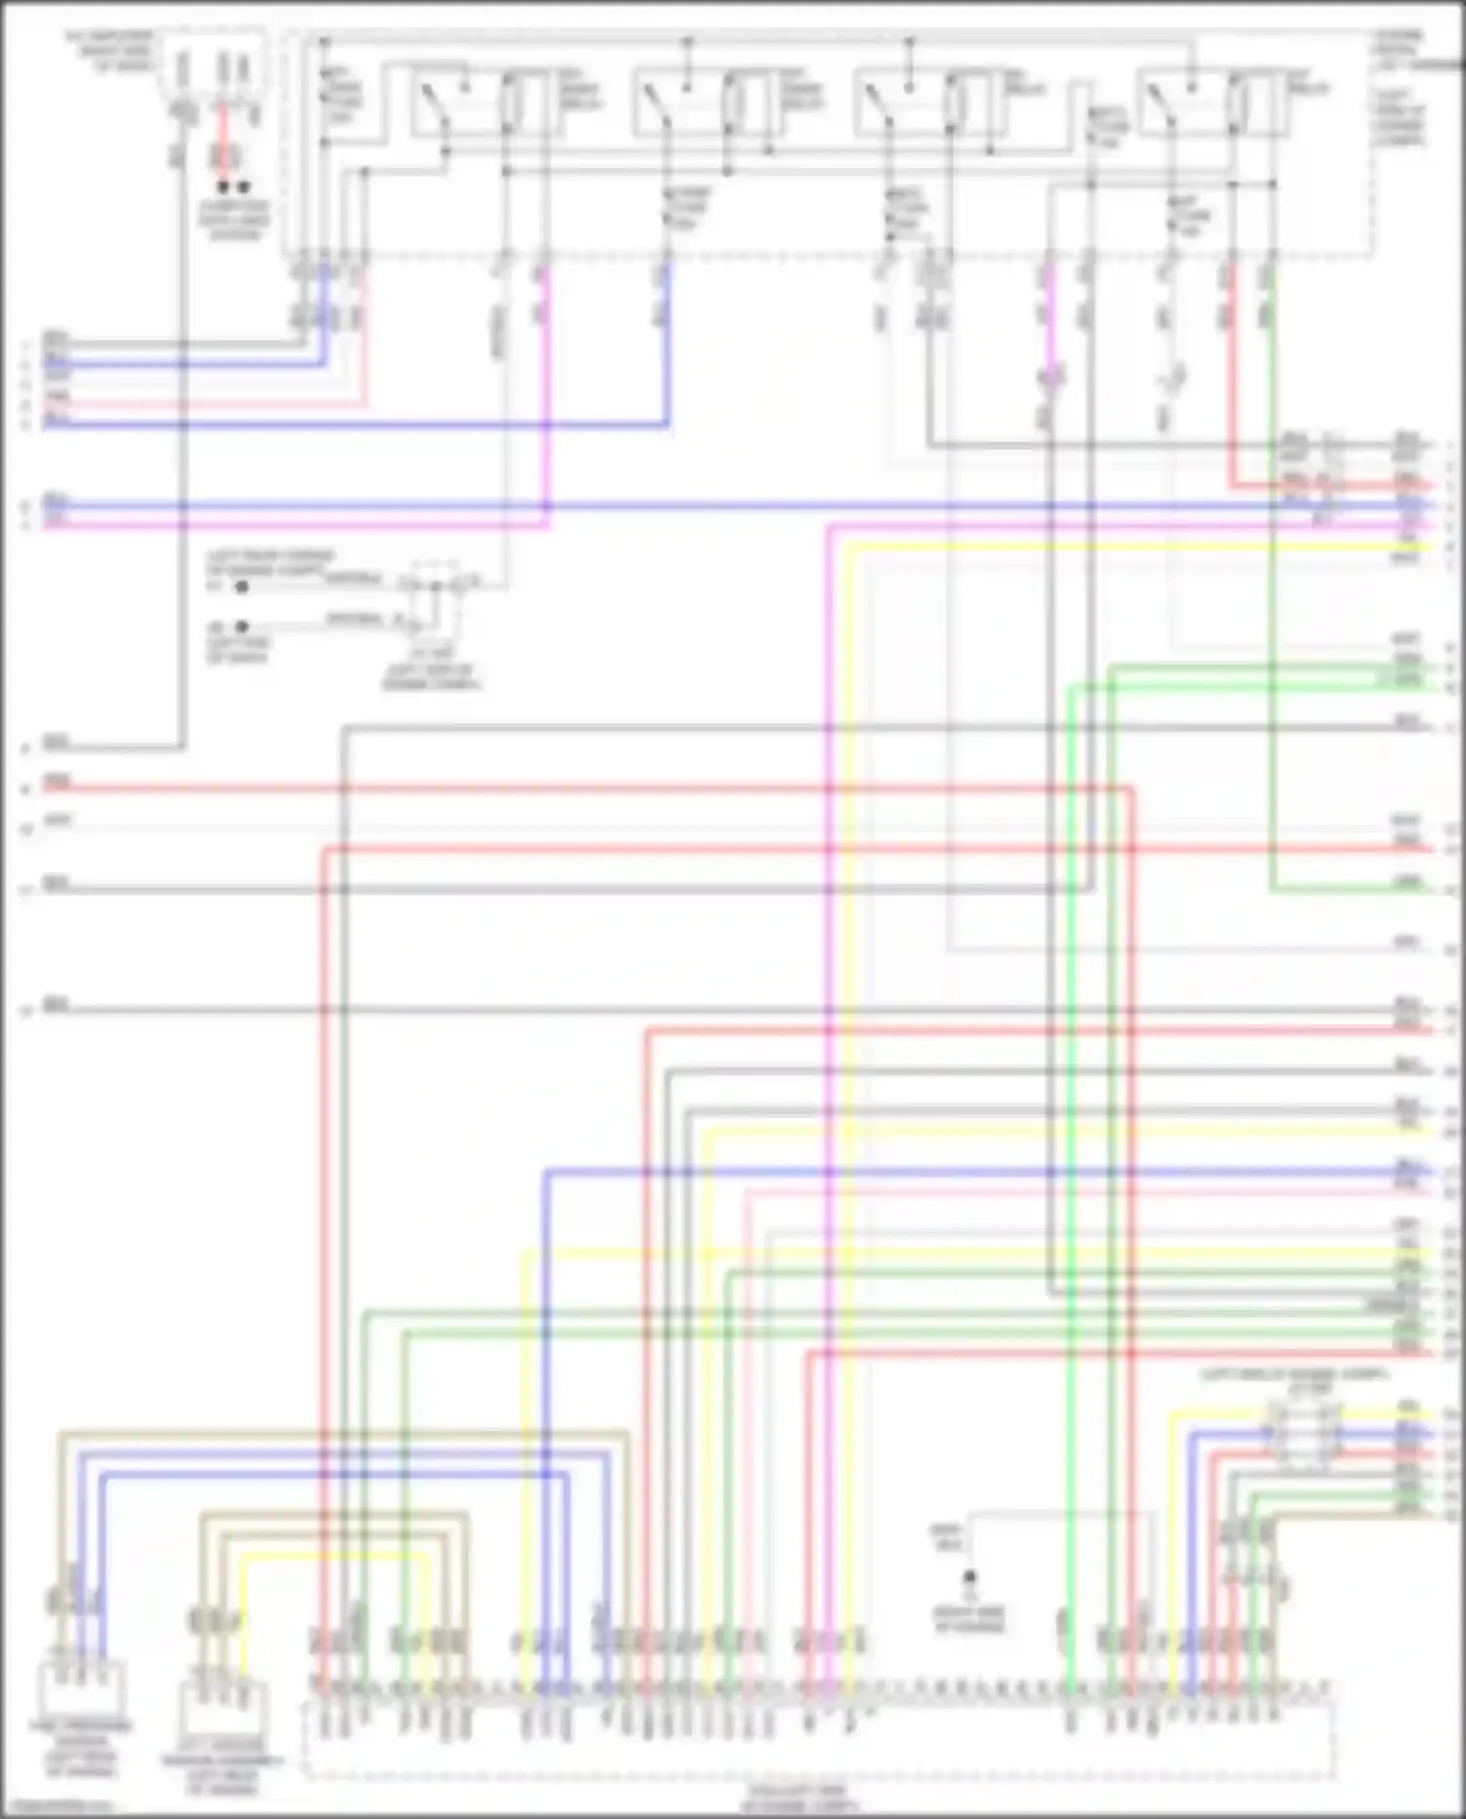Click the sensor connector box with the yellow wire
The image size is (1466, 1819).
pos(222,1706)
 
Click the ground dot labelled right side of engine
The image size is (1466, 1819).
pos(970,1577)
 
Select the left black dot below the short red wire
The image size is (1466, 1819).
pos(224,187)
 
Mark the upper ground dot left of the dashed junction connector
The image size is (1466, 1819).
pos(241,586)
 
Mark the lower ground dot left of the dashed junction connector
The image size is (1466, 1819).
pos(241,626)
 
